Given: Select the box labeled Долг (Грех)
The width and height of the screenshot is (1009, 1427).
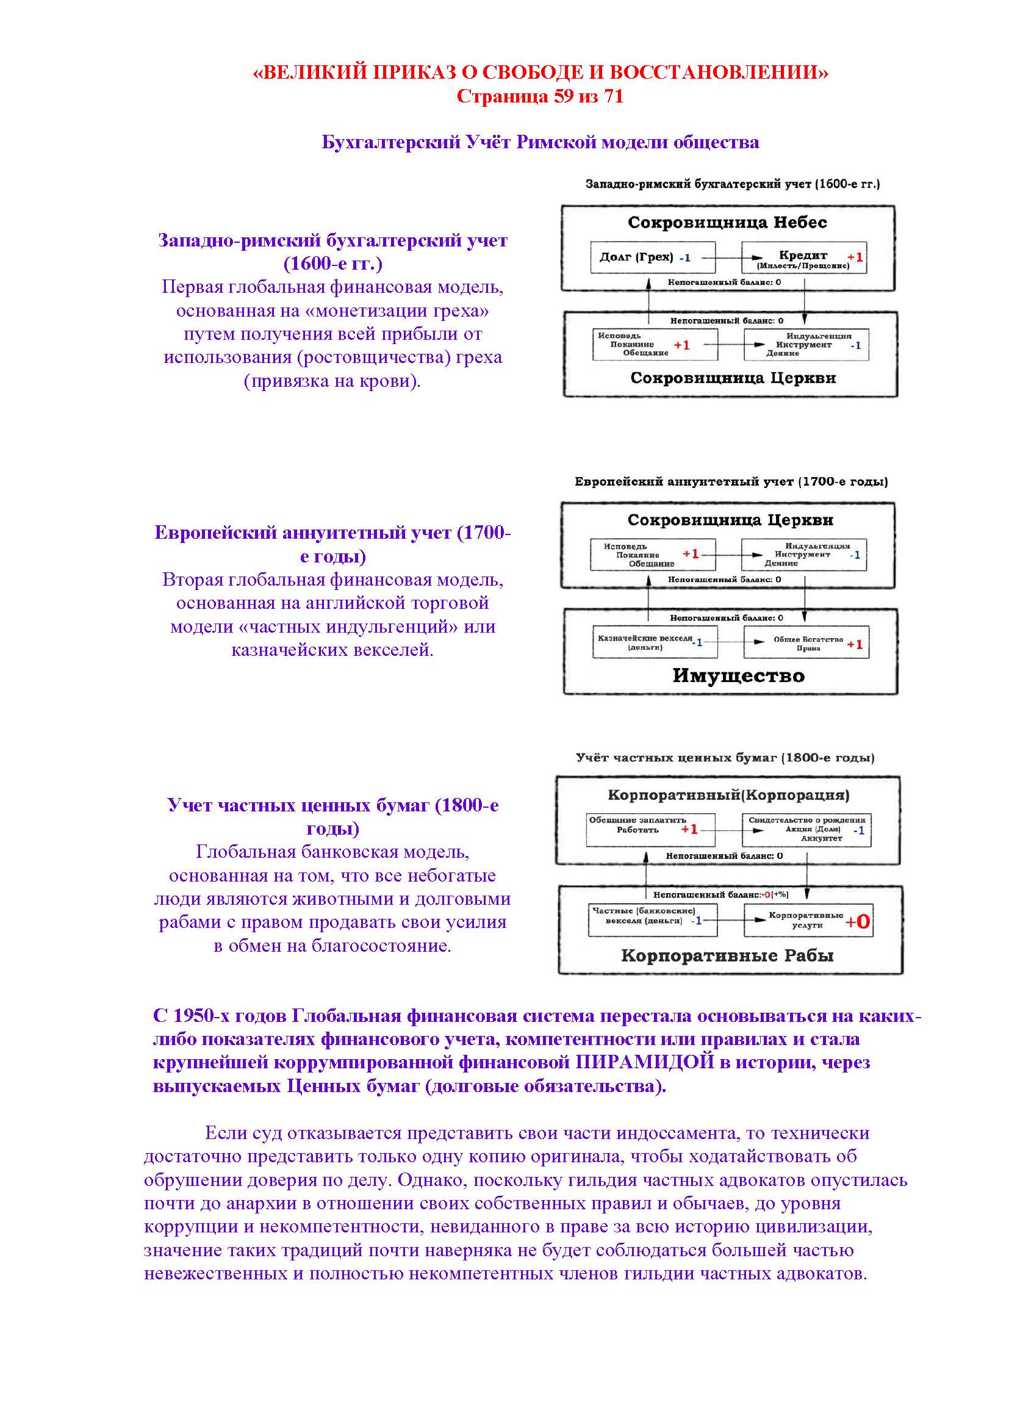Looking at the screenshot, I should point(652,257).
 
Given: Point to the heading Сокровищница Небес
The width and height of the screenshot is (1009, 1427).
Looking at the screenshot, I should point(727,223).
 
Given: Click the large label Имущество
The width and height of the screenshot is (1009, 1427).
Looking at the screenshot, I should point(738,675).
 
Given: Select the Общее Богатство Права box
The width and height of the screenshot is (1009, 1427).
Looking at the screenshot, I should point(806,643).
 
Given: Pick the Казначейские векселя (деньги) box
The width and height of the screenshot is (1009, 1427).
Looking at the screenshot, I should point(654,642).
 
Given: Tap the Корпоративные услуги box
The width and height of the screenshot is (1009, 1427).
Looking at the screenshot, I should point(806,921).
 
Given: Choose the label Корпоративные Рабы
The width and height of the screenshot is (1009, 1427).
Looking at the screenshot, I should point(727,956).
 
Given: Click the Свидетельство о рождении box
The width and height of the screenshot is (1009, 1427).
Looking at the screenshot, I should point(806,829).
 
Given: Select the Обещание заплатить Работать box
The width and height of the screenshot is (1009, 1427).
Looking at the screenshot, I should point(650,829).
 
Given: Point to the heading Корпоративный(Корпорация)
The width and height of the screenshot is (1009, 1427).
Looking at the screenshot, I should point(728,795).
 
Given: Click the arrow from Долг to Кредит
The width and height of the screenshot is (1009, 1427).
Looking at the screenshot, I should point(729,257).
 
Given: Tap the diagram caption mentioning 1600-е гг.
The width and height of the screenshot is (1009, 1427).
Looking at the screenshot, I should point(733,184).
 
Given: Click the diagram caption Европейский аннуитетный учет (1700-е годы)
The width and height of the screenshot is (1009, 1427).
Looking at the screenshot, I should point(731,482).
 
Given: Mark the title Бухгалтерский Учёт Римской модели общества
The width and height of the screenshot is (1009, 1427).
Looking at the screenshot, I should point(540,142).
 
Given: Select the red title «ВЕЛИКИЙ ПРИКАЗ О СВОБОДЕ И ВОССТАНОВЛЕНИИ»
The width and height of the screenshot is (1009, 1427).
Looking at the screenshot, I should point(540,73).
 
